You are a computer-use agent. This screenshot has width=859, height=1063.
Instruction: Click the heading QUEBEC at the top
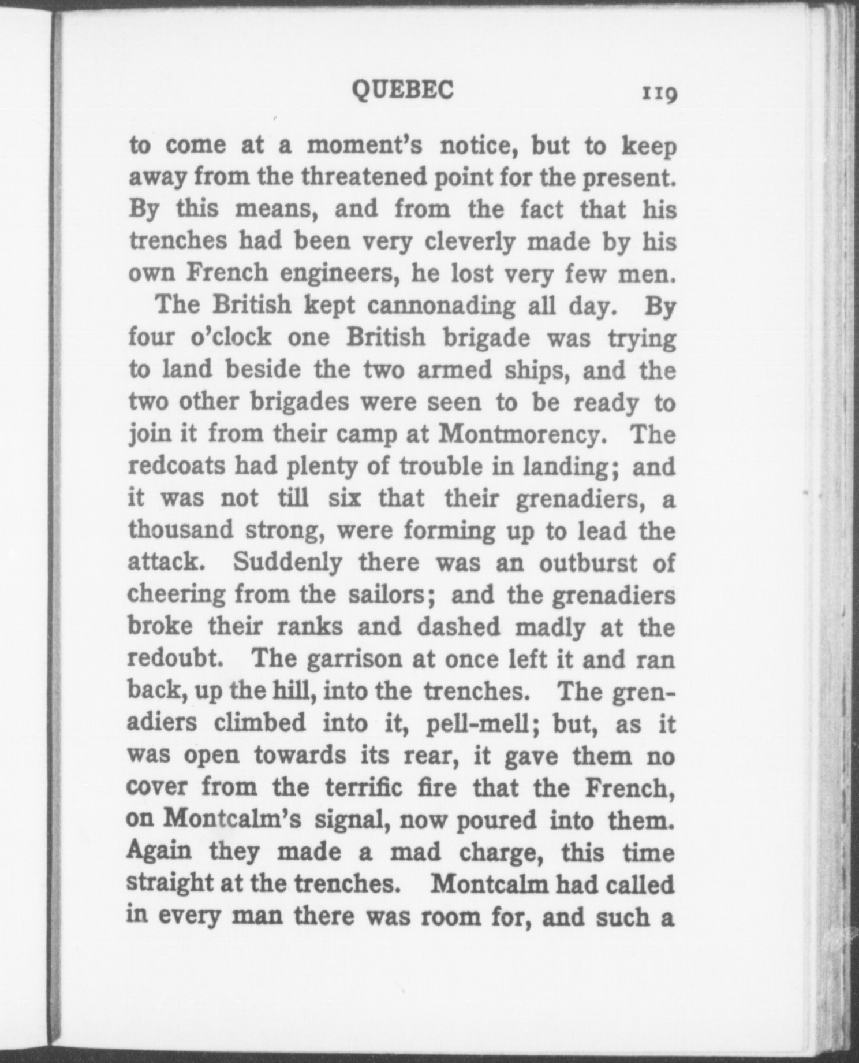pos(403,90)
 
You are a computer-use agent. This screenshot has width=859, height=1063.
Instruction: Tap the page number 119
pos(658,93)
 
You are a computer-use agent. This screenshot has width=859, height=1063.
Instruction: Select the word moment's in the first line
pos(364,145)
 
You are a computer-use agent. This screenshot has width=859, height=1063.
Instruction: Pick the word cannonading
pos(441,306)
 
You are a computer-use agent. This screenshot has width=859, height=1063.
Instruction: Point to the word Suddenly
pos(287,563)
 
